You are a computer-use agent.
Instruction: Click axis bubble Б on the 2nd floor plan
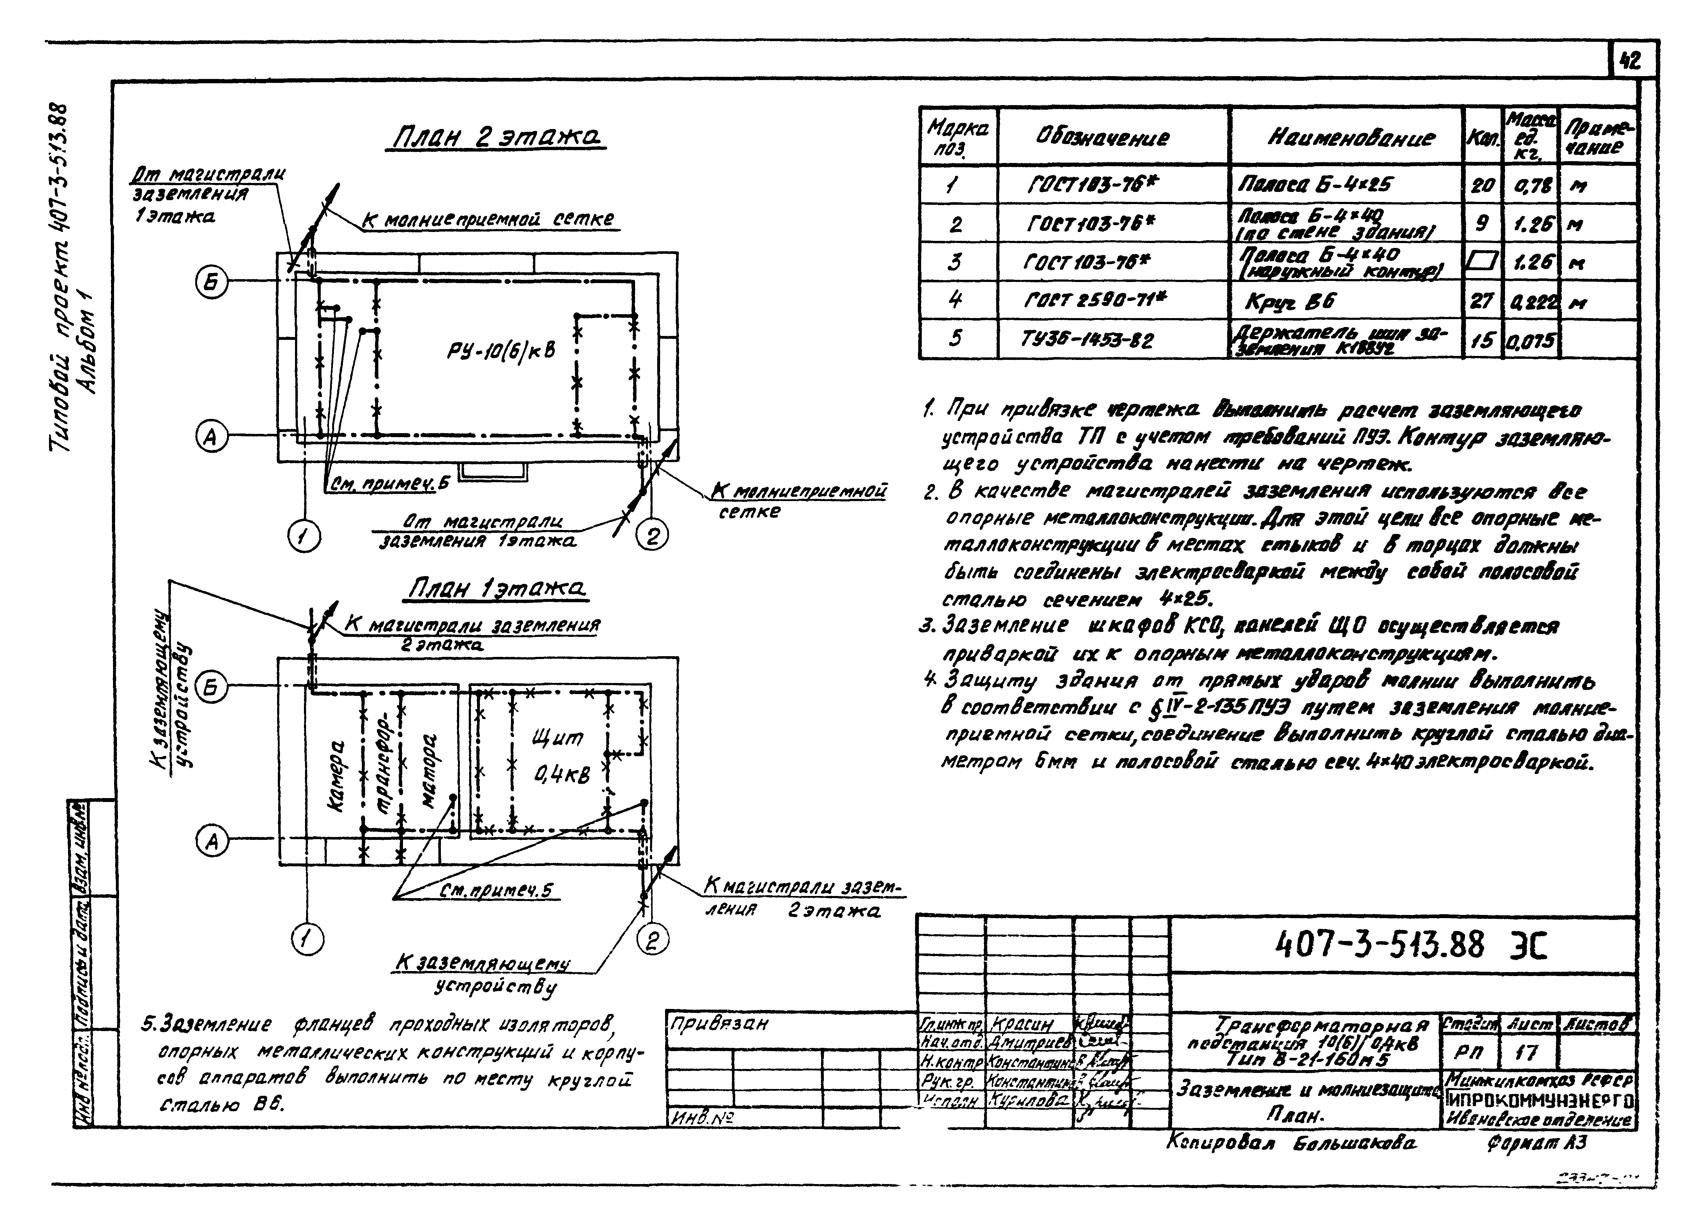tap(211, 282)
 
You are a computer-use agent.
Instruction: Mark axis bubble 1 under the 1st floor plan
tap(307, 939)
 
